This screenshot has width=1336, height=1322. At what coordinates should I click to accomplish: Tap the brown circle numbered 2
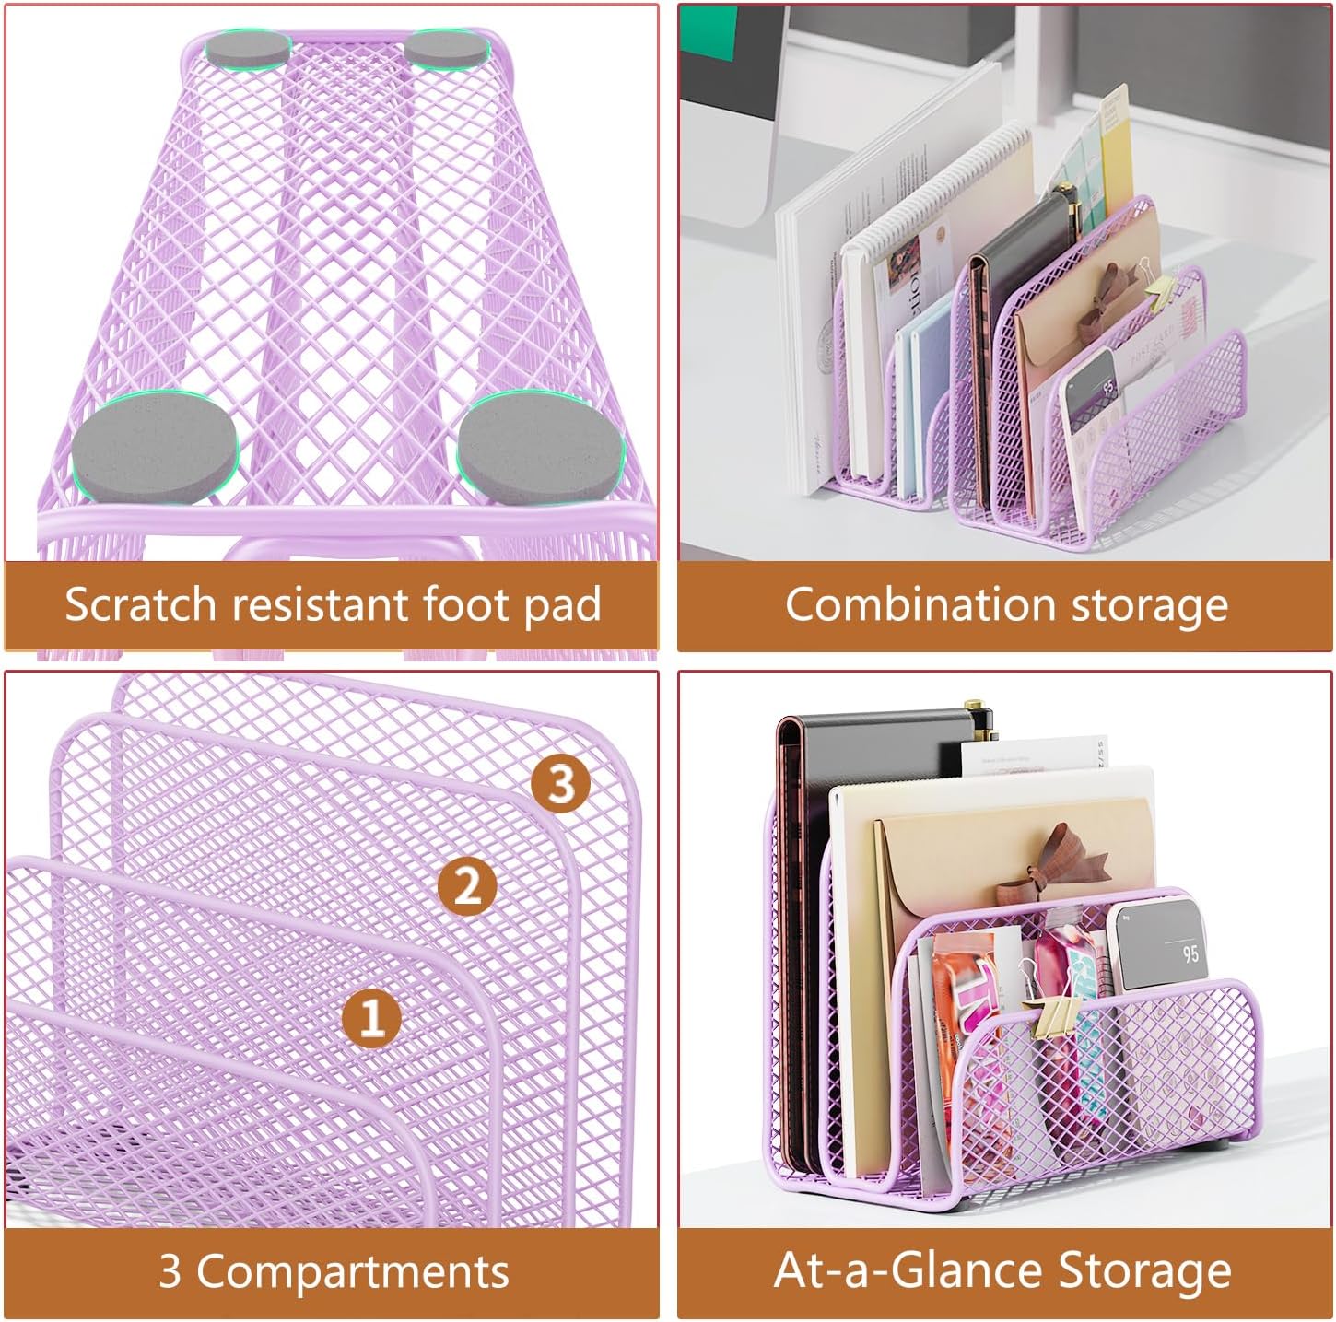(466, 885)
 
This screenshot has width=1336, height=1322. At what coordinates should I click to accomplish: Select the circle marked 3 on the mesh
(560, 783)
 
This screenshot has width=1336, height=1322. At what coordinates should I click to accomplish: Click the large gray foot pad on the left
(154, 446)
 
